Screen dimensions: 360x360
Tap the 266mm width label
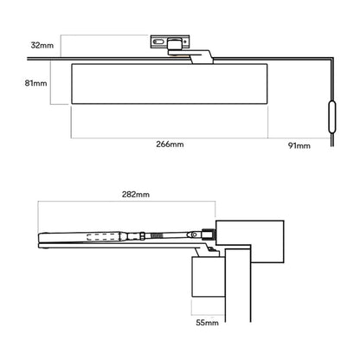pyautogui.click(x=170, y=145)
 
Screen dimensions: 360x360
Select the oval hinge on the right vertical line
pyautogui.click(x=330, y=115)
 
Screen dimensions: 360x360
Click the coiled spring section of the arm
pyautogui.click(x=154, y=234)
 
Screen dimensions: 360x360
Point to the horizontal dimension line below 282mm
pyautogui.click(x=126, y=204)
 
